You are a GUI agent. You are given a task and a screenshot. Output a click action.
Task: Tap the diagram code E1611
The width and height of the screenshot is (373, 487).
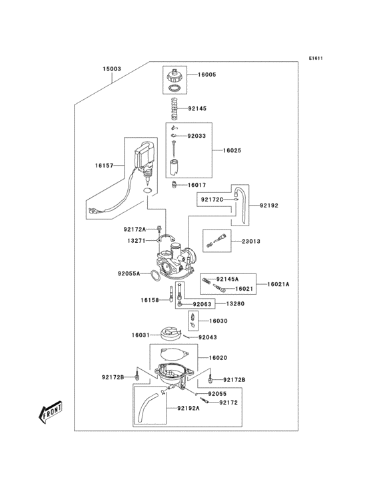(x=315, y=58)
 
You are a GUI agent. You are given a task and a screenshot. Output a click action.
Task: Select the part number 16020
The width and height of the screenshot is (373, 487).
(x=218, y=357)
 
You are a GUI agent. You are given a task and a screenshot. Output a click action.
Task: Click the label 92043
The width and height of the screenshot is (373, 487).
(x=208, y=337)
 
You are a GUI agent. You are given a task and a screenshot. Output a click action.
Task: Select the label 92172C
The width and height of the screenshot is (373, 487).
(x=211, y=199)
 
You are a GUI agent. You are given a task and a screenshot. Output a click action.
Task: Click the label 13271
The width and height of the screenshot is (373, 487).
(x=137, y=240)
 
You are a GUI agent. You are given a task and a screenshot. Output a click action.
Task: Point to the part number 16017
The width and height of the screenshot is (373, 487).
(x=196, y=185)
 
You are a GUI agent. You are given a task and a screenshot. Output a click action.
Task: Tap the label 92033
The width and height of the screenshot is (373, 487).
(x=196, y=136)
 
